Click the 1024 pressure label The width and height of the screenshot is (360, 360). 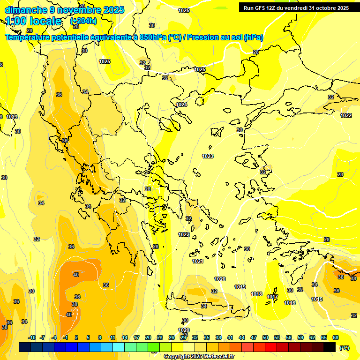[x=181, y=105]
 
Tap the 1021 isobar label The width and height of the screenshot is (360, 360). [x=198, y=261]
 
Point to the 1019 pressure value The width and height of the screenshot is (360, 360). [x=240, y=287]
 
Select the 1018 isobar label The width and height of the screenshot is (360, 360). [x=256, y=294]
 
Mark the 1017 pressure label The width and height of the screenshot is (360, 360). [x=272, y=297]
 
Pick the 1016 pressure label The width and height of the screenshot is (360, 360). [x=290, y=303]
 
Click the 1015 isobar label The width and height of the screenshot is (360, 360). [x=317, y=299]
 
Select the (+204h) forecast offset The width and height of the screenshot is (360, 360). [x=83, y=21]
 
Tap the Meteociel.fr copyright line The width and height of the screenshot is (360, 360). [x=199, y=357]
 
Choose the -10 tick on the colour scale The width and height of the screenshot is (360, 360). [x=32, y=337]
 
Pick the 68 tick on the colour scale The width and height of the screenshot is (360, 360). [x=335, y=337]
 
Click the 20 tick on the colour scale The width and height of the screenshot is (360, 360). [x=148, y=337]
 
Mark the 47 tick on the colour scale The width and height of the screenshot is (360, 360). [x=254, y=337]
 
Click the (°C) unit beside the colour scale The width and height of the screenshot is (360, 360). [x=344, y=348]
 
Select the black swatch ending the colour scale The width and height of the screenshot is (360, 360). [x=330, y=347]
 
